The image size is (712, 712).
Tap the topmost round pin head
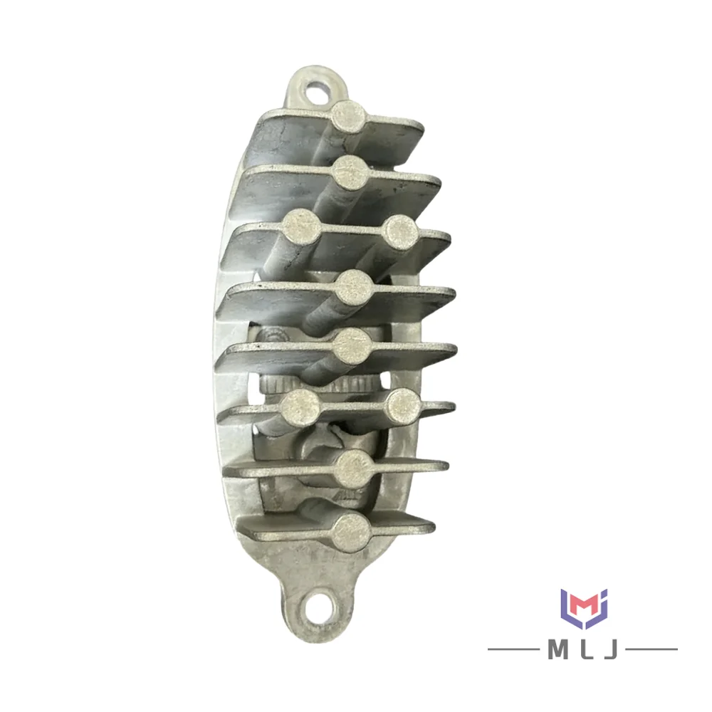coord(348,116)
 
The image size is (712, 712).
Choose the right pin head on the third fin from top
coord(401,232)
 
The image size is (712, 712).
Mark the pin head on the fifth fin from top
coord(352,346)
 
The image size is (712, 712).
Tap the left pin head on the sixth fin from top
coord(300,406)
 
